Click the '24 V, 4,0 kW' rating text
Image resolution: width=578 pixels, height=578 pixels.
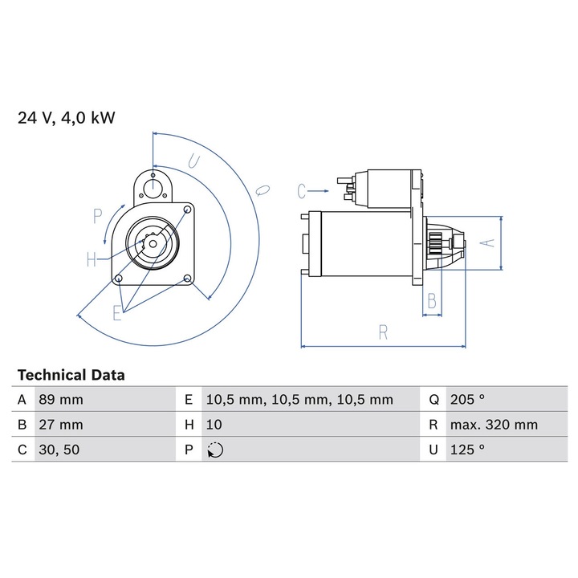(67, 118)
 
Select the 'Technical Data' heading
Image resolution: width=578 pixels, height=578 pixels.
(71, 375)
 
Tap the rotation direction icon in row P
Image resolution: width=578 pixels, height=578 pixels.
(215, 450)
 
